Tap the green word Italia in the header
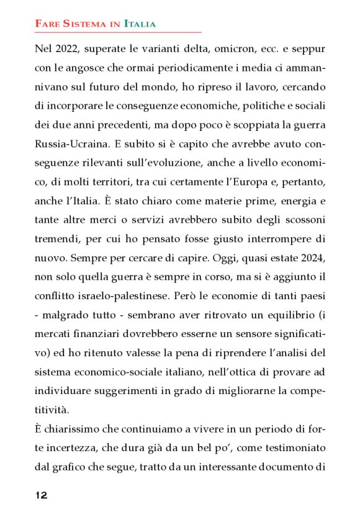(140, 24)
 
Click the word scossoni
(302, 222)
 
